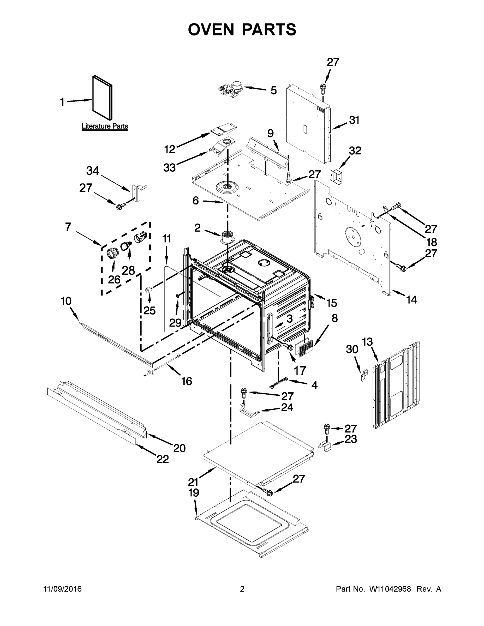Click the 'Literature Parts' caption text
(105, 126)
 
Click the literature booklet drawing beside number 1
(102, 98)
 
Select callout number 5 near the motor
(273, 91)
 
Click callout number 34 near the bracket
(93, 171)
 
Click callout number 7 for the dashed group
(68, 227)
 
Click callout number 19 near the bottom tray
(194, 493)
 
